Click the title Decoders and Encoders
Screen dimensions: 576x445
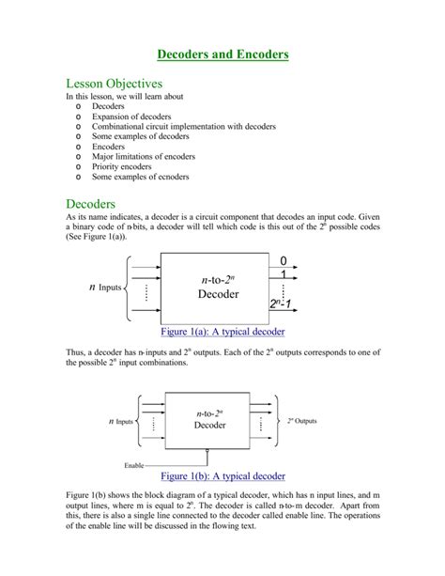point(222,54)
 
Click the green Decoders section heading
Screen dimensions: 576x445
point(91,203)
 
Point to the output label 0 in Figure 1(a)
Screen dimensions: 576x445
point(282,258)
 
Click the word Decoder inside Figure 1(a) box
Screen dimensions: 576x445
point(217,294)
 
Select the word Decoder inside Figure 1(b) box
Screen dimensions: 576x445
point(209,425)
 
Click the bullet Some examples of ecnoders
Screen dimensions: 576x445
point(140,177)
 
